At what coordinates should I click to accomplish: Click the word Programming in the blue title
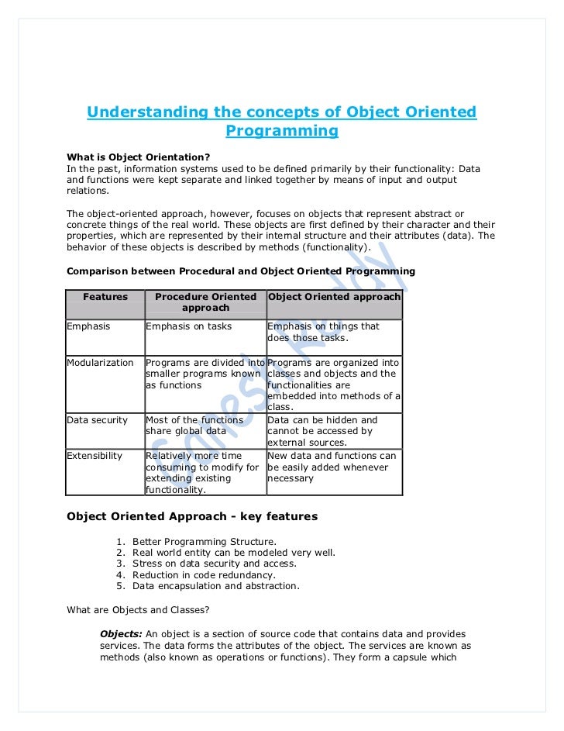click(281, 131)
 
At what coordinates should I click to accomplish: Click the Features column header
click(105, 297)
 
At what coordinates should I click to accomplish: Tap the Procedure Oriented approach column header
click(205, 302)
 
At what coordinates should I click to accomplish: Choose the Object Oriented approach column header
click(334, 297)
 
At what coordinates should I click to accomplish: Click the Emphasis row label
click(88, 326)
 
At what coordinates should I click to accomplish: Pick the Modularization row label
click(100, 363)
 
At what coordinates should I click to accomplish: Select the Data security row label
click(97, 420)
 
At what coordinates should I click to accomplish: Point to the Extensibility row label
click(95, 456)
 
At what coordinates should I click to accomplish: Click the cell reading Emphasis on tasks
click(188, 326)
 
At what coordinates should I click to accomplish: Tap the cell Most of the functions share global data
click(194, 426)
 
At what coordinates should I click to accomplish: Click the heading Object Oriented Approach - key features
click(192, 516)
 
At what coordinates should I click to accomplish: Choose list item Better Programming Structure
click(204, 541)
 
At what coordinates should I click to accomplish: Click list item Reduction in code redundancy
click(204, 575)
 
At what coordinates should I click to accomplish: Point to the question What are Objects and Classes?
click(133, 610)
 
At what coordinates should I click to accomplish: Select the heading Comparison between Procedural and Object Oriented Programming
click(241, 271)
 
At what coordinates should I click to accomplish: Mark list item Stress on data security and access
click(214, 564)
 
